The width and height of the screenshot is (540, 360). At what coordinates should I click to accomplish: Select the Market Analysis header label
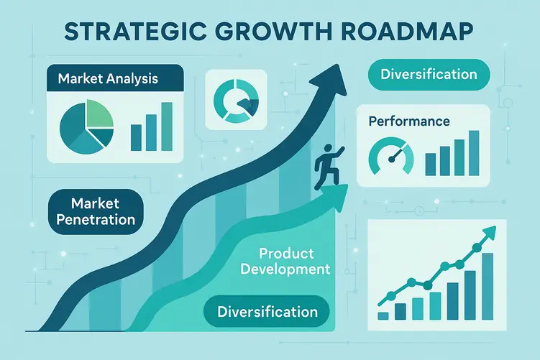pyautogui.click(x=109, y=77)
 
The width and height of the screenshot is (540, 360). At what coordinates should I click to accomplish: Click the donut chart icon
pyautogui.click(x=236, y=100)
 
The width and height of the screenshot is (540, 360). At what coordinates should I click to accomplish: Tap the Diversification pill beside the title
pyautogui.click(x=429, y=74)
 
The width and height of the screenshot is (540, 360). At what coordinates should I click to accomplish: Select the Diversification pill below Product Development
pyautogui.click(x=267, y=312)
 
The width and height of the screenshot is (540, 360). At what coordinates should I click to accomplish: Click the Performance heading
pyautogui.click(x=408, y=121)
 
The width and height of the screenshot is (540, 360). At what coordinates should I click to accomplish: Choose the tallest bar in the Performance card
pyautogui.click(x=472, y=152)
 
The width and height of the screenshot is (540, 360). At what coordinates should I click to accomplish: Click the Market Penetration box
pyautogui.click(x=96, y=209)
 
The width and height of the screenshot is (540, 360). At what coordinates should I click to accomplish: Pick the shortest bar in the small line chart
pyautogui.click(x=383, y=315)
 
